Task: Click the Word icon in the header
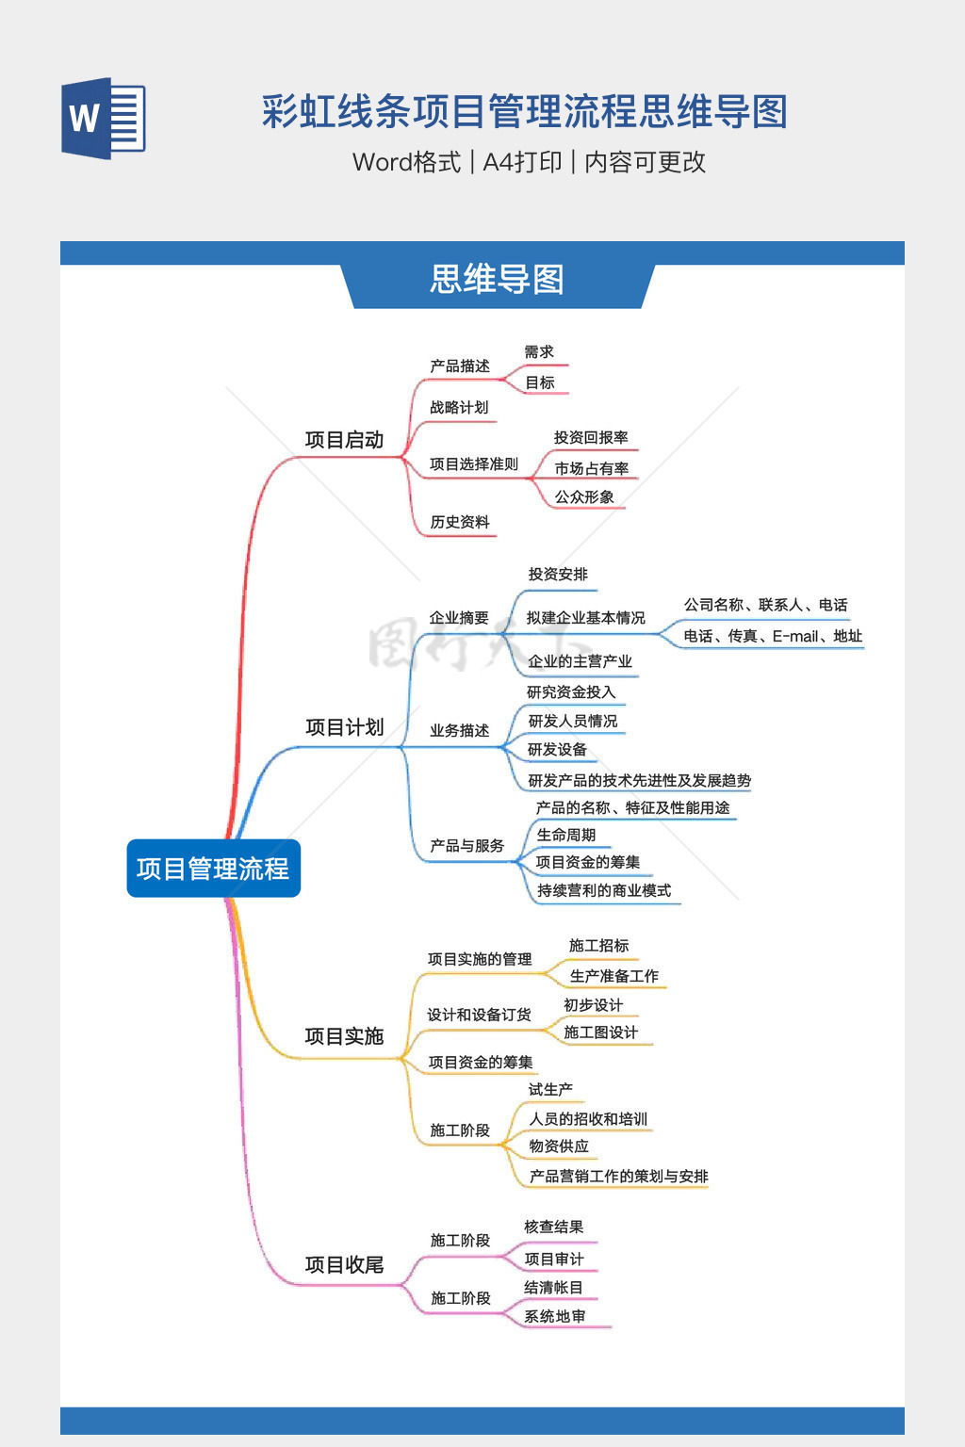104,118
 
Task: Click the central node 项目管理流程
213,869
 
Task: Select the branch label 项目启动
345,440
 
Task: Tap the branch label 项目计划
345,727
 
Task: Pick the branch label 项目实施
345,1036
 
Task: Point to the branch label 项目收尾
345,1264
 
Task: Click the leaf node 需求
539,352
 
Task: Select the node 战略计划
459,408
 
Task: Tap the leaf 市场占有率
592,468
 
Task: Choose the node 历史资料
460,522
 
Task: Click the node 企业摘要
460,618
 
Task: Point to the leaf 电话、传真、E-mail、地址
773,636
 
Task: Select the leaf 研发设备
557,749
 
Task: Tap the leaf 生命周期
566,836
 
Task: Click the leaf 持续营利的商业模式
604,891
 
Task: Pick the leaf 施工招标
598,946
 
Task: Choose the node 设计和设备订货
479,1015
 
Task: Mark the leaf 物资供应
559,1146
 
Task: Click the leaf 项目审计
554,1259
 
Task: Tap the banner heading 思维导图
497,280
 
